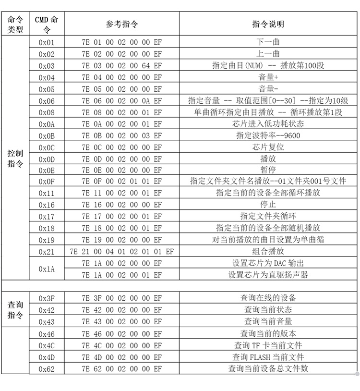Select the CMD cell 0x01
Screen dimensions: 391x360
pos(47,43)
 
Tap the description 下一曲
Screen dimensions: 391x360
pos(268,42)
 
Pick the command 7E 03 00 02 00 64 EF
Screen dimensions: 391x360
pos(122,66)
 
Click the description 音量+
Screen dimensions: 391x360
pos(268,77)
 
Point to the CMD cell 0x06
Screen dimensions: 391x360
pos(47,101)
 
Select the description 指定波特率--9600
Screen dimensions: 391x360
pos(268,135)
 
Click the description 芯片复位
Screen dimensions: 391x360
pos(268,147)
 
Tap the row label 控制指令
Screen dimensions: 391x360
pos(15,159)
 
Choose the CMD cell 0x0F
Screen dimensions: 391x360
pos(47,182)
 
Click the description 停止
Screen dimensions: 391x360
pos(268,205)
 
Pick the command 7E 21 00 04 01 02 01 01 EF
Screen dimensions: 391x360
pos(122,251)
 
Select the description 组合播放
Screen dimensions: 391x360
pos(268,251)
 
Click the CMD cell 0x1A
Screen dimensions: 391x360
pos(47,269)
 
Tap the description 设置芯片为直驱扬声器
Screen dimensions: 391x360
pos(268,275)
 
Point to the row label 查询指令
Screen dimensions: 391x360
pos(15,310)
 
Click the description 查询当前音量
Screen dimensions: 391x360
pos(268,321)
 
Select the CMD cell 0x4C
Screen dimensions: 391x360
pos(47,345)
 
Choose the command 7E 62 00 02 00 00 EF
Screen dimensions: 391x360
pos(122,368)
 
